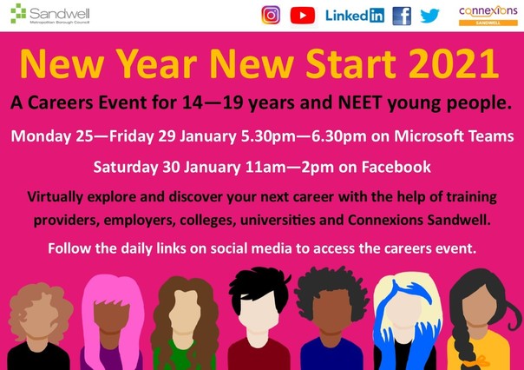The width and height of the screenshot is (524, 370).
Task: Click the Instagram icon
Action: [271, 15]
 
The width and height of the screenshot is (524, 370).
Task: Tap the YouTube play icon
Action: [303, 15]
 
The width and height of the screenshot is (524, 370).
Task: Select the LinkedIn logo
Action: [354, 16]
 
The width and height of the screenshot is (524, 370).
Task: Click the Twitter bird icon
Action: [430, 16]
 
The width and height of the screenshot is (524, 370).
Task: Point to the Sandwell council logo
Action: [39, 16]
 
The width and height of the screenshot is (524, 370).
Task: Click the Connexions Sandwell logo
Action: [487, 15]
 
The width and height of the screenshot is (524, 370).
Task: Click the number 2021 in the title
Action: [444, 64]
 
